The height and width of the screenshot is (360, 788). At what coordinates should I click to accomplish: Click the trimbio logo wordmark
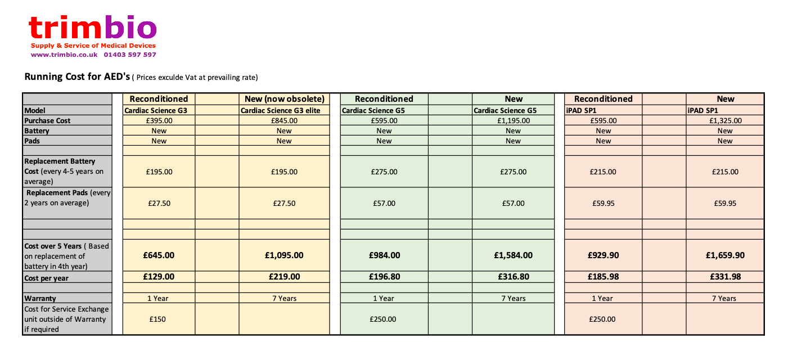(93, 28)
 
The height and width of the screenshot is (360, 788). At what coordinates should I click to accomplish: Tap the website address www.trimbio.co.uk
(64, 55)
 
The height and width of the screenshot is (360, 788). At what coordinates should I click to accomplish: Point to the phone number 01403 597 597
(130, 55)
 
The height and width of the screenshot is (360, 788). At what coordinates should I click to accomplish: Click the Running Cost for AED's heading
(77, 76)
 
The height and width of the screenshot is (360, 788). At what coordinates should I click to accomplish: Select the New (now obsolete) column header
(284, 99)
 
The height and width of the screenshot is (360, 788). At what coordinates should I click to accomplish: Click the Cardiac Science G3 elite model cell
(280, 110)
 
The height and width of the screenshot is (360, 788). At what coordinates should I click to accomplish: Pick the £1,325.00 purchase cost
(725, 120)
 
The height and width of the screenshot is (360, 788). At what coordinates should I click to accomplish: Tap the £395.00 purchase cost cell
(159, 120)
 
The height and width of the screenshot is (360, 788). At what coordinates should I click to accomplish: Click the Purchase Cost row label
(47, 120)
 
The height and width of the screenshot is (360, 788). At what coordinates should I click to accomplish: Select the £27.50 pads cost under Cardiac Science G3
(159, 203)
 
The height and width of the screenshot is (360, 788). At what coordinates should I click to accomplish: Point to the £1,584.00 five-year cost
(513, 255)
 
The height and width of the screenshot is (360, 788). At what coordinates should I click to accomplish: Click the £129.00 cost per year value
(159, 277)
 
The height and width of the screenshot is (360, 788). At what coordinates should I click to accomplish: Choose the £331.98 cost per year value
(725, 277)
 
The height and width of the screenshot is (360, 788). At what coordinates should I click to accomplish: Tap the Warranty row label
(40, 298)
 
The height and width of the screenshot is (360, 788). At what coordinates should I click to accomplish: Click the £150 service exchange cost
(159, 319)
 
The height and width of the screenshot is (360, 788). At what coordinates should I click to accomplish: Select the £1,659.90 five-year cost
(725, 255)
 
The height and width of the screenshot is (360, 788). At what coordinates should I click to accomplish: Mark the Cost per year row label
(46, 278)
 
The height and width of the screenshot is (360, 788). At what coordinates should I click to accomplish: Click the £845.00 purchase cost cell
(284, 120)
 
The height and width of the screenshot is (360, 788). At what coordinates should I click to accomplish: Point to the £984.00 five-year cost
(384, 255)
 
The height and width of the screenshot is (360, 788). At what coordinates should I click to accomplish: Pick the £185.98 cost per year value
(603, 277)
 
